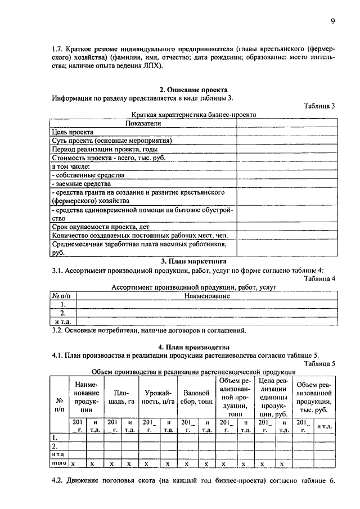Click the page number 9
point(332,21)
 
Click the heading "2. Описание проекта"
point(193,89)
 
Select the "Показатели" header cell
point(143,123)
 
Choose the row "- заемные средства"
point(80,184)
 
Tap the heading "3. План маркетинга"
point(193,261)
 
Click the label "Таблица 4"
point(319,278)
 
